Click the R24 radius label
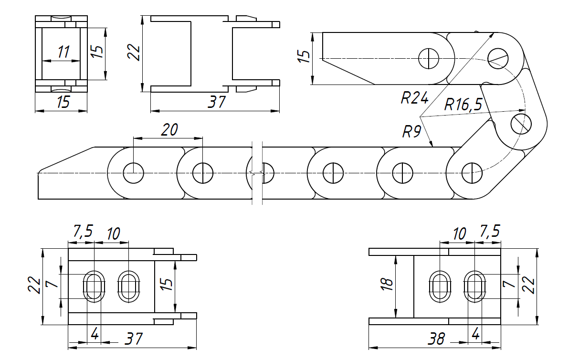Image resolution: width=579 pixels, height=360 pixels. [x=414, y=98]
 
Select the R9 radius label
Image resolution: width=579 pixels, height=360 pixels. [x=411, y=131]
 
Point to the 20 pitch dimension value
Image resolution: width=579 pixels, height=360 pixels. [x=169, y=130]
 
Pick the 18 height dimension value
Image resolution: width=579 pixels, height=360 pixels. [x=388, y=285]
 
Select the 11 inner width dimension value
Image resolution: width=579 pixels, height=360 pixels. [x=63, y=52]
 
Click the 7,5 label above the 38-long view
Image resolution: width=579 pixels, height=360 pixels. [x=490, y=232]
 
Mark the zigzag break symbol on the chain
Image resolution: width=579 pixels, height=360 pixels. [x=256, y=172]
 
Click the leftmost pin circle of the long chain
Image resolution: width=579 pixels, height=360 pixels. [x=133, y=172]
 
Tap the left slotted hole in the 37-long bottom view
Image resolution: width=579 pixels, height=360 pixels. [x=94, y=286]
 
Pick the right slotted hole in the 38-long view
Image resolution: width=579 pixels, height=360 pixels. [x=475, y=286]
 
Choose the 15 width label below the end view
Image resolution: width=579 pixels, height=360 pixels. [x=63, y=102]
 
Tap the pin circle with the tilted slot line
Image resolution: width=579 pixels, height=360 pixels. [x=498, y=58]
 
